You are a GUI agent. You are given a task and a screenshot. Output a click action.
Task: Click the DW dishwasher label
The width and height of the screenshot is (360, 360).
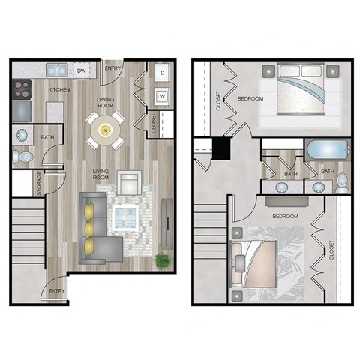(x=81, y=71)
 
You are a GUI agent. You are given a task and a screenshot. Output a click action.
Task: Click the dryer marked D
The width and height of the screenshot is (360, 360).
(x=162, y=73)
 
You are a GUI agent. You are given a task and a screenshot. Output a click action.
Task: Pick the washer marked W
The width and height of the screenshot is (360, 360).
(x=162, y=96)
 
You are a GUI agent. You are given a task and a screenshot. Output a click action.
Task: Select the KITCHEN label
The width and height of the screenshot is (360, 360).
(x=59, y=89)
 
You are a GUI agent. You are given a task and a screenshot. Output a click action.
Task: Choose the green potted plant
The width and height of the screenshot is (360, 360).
(x=161, y=260)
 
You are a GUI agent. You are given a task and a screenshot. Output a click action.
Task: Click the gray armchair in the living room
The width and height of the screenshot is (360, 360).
(x=129, y=182)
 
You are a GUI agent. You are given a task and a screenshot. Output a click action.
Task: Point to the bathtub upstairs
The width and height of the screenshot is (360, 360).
(x=328, y=148)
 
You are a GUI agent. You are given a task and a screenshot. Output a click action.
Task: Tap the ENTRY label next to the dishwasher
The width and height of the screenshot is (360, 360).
(x=113, y=69)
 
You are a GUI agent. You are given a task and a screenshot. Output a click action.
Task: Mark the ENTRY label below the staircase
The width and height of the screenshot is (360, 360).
(x=56, y=290)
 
